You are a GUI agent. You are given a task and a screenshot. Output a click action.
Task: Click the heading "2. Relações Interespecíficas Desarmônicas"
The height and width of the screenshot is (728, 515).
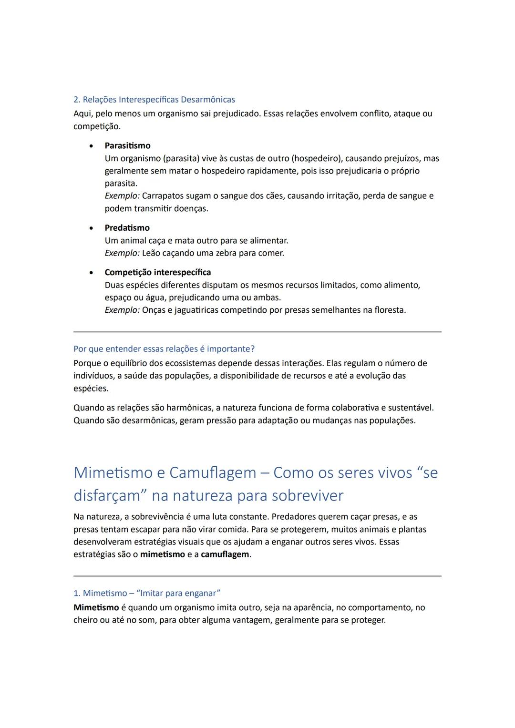pyautogui.click(x=154, y=100)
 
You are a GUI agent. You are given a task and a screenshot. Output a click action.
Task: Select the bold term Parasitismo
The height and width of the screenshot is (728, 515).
pyautogui.click(x=127, y=146)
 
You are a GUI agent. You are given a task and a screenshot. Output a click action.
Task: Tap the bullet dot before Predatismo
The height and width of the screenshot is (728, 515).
pyautogui.click(x=91, y=228)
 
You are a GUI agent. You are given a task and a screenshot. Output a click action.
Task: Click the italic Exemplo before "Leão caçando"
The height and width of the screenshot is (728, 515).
pyautogui.click(x=122, y=253)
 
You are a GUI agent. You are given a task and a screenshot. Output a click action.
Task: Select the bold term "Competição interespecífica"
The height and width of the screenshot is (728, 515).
pyautogui.click(x=157, y=273)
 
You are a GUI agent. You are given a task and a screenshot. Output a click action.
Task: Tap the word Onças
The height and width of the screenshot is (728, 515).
pyautogui.click(x=154, y=310)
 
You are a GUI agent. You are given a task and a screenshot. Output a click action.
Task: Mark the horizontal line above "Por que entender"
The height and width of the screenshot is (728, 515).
pyautogui.click(x=257, y=332)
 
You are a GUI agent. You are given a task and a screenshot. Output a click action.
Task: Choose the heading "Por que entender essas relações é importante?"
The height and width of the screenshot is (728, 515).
pyautogui.click(x=164, y=349)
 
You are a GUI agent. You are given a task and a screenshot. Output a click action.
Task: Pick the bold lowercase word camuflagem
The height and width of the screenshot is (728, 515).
pyautogui.click(x=225, y=554)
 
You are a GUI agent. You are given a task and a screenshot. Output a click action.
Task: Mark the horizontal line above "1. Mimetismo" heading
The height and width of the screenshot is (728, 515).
pyautogui.click(x=257, y=576)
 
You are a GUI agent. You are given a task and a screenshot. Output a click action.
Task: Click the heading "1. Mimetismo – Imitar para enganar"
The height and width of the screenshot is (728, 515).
pyautogui.click(x=147, y=594)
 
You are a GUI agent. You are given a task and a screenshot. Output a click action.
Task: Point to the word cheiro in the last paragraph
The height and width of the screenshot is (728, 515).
pyautogui.click(x=86, y=620)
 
